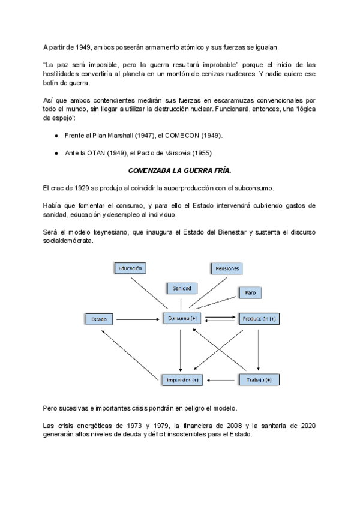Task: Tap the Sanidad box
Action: point(182,288)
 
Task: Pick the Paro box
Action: point(250,292)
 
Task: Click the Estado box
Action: point(99,318)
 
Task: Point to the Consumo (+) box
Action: point(182,318)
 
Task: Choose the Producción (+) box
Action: point(259,318)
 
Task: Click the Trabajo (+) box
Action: point(259,380)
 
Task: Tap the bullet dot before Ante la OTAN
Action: point(56,153)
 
